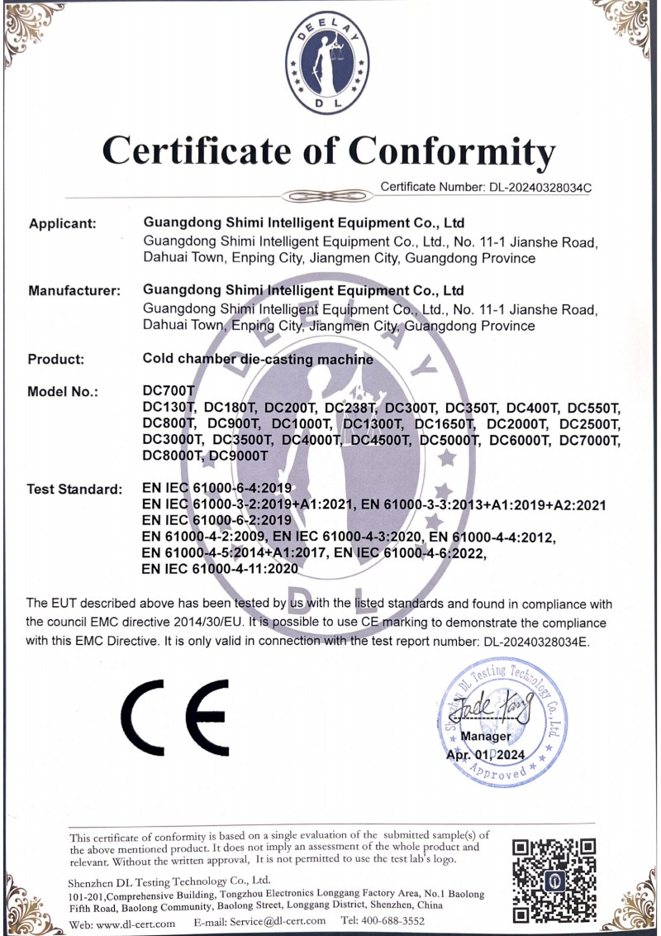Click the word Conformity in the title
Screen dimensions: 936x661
tap(451, 152)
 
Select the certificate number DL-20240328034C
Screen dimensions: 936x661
tap(538, 187)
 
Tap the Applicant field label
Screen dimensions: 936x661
tap(63, 223)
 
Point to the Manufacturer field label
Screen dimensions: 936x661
tap(74, 291)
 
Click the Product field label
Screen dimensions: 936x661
tap(56, 360)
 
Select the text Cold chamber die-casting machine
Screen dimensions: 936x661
tap(258, 360)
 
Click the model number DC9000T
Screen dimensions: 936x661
tap(240, 455)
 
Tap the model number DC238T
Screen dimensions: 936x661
tap(350, 408)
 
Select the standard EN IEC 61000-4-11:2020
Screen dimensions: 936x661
tap(220, 569)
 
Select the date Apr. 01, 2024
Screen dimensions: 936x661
tap(485, 754)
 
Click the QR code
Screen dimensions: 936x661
tap(554, 879)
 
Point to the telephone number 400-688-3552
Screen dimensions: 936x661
tap(393, 921)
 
